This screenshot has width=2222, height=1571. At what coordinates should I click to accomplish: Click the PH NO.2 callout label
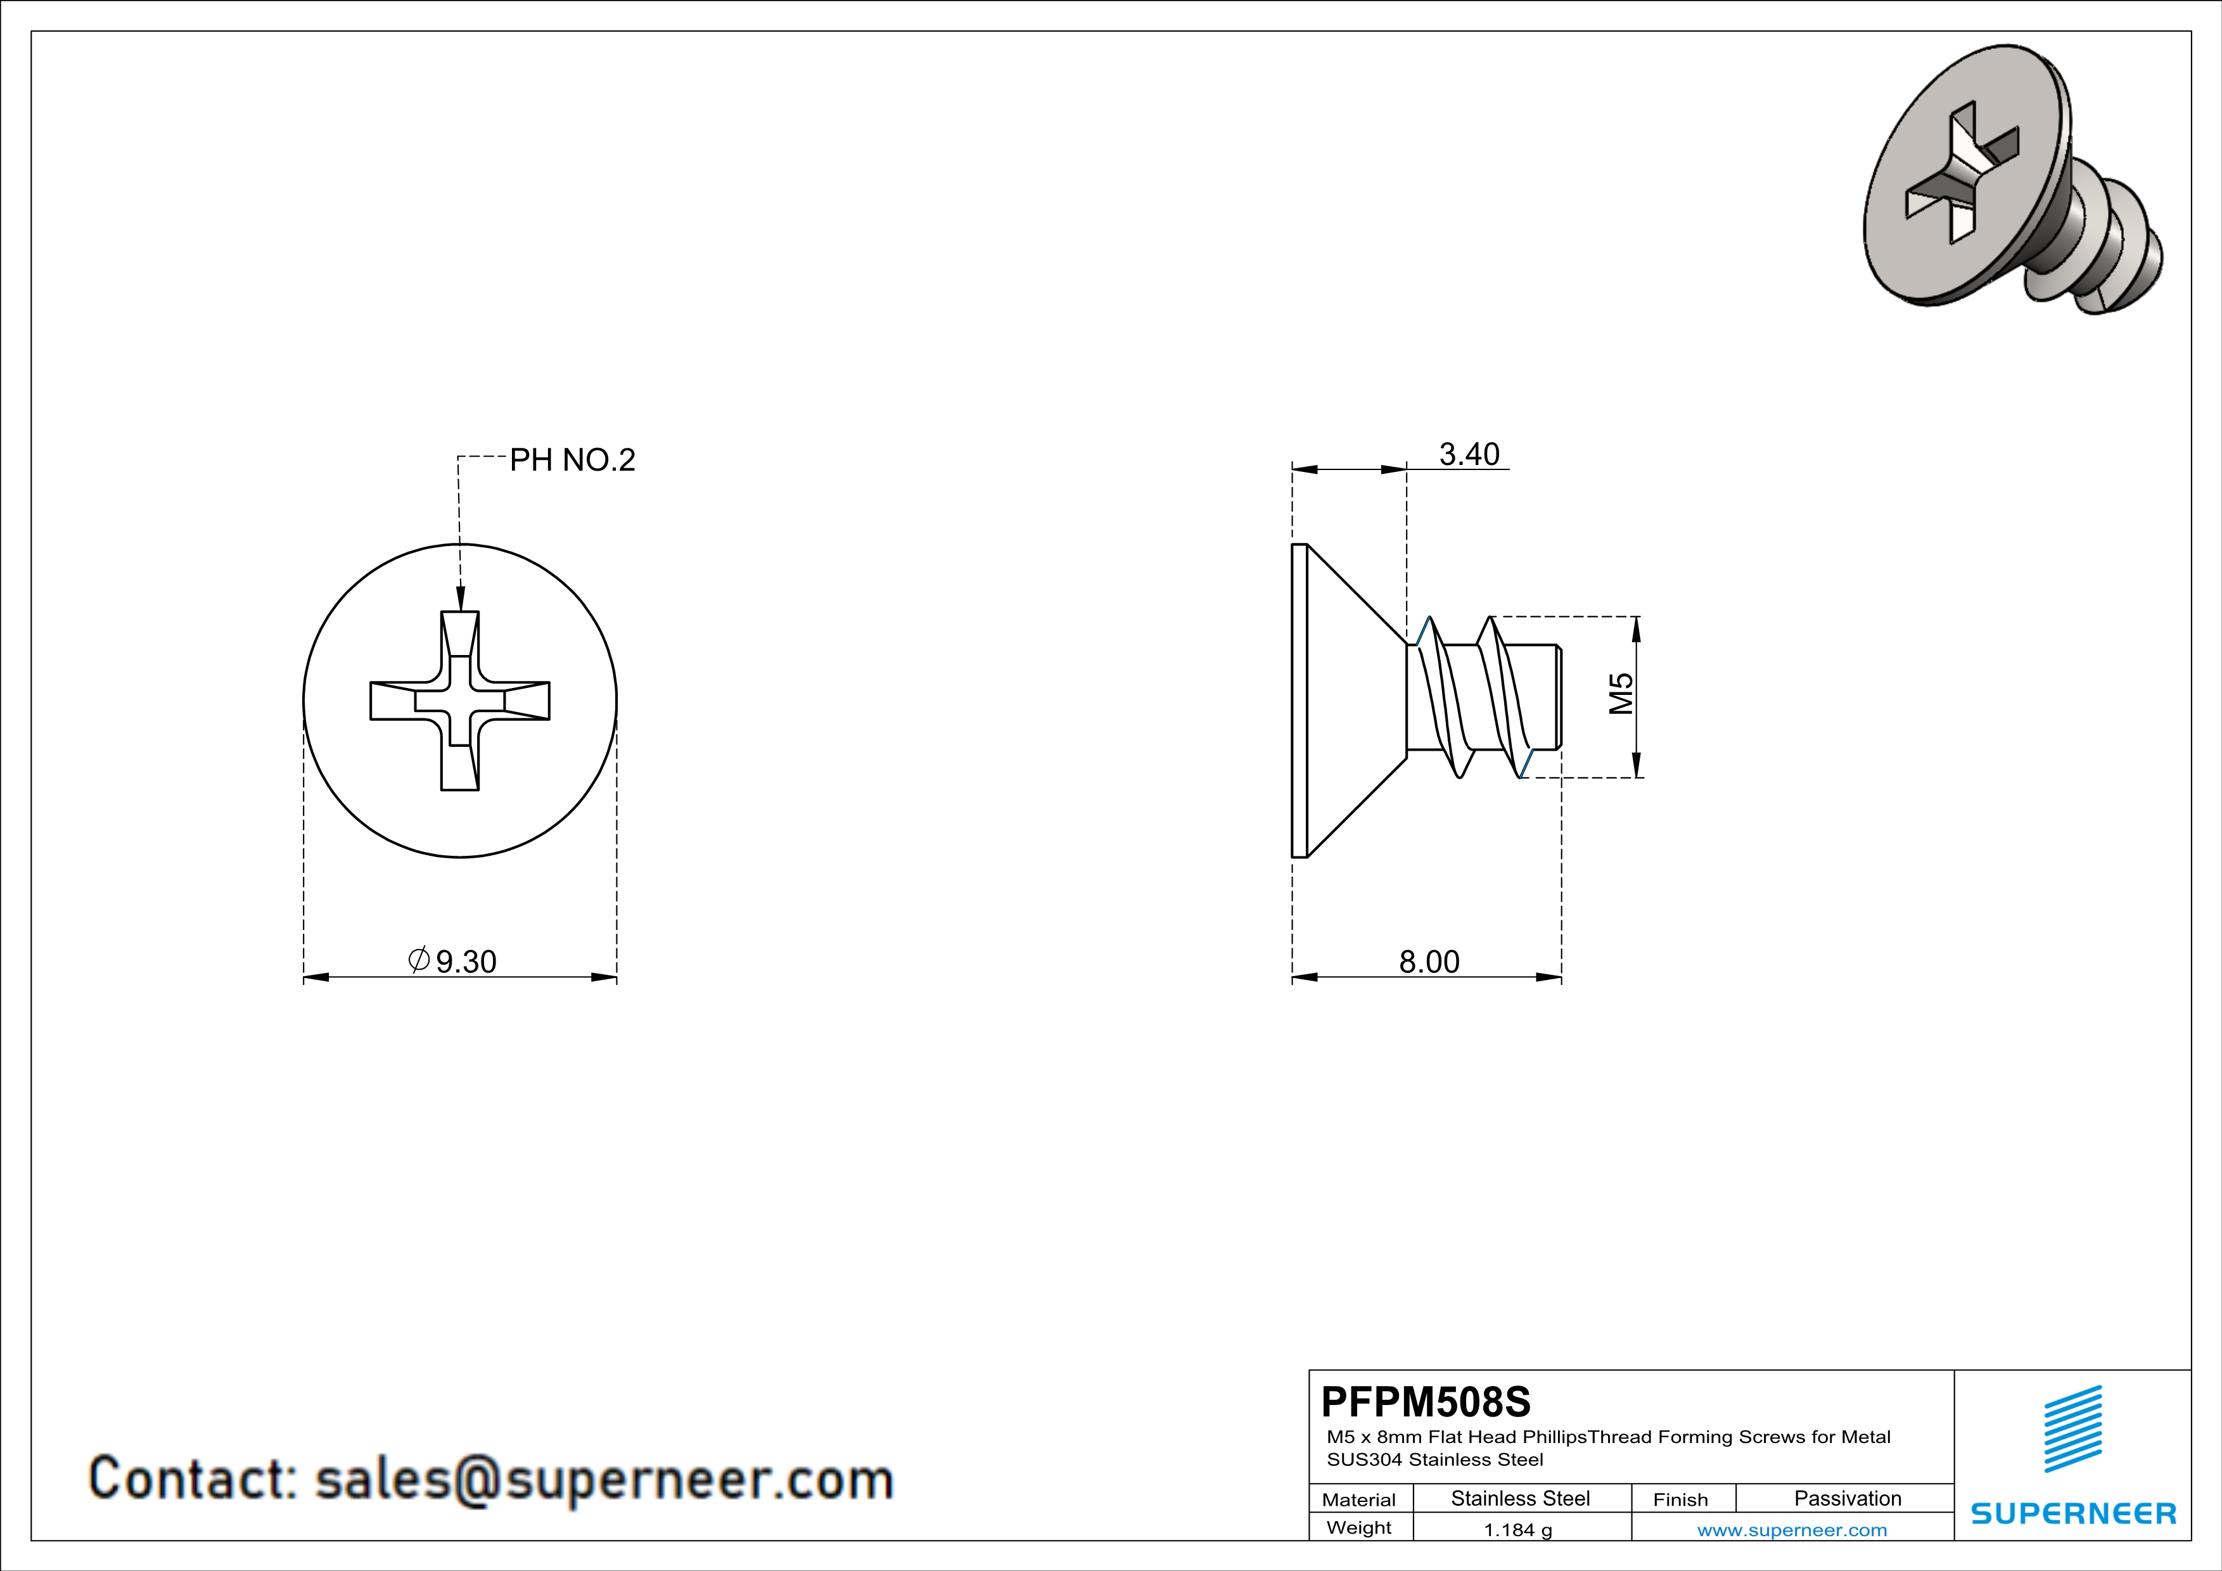[x=572, y=459]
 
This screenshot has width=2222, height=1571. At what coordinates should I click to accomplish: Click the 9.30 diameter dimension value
[x=466, y=962]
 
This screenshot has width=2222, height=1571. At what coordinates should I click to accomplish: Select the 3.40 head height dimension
[x=1469, y=454]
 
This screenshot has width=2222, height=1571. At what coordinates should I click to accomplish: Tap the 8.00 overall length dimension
[x=1429, y=962]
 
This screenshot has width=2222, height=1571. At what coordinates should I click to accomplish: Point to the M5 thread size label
[x=1621, y=694]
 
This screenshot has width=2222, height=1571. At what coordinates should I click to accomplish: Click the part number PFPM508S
[x=1426, y=1401]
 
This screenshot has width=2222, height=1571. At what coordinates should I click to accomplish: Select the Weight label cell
[x=1359, y=1527]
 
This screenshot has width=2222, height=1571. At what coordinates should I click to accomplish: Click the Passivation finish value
[x=1848, y=1498]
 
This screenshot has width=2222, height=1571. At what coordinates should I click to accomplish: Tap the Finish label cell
[x=1680, y=1499]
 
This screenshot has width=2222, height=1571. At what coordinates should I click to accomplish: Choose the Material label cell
[x=1359, y=1499]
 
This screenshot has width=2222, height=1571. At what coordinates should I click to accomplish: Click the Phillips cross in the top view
[x=460, y=701]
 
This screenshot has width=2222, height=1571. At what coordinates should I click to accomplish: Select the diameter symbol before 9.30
[x=419, y=960]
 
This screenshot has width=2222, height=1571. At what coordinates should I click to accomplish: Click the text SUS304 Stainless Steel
[x=1434, y=1460]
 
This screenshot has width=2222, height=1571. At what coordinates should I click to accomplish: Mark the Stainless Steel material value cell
[x=1521, y=1498]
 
